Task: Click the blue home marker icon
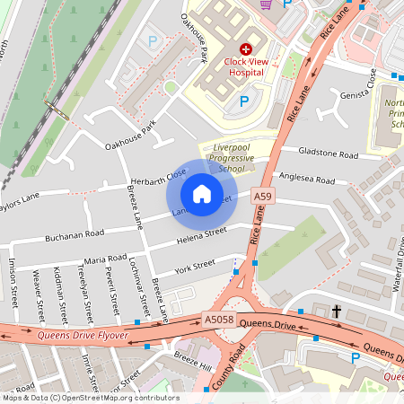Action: click(x=201, y=194)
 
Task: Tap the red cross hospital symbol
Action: click(x=245, y=50)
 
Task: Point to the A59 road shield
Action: click(x=262, y=196)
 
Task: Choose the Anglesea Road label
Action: click(x=307, y=180)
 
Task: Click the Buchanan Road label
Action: click(x=75, y=234)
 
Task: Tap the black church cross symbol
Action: click(x=337, y=311)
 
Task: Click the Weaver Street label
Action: click(x=39, y=298)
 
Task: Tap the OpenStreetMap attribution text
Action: click(x=90, y=398)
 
